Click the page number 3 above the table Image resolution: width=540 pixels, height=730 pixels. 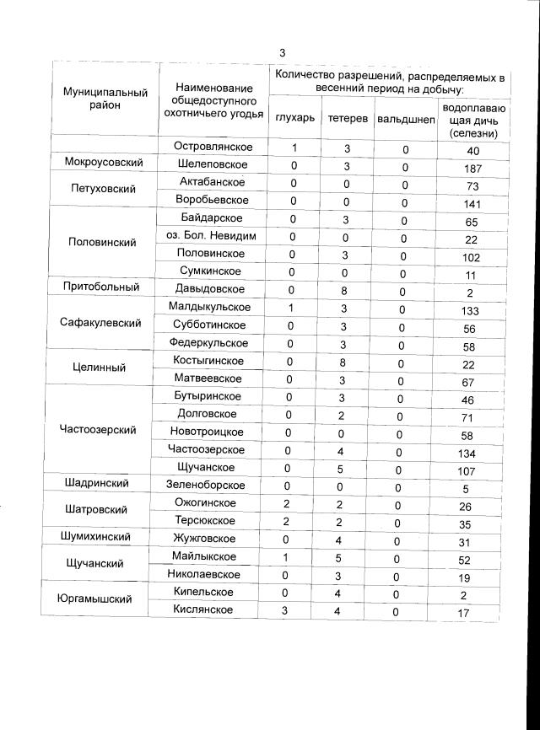282,53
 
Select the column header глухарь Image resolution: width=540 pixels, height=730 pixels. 294,118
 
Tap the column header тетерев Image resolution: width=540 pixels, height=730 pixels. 347,118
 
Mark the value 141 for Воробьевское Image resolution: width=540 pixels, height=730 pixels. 472,204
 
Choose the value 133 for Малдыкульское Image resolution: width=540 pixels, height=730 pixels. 472,311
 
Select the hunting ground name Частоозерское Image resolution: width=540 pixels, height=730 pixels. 207,449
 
